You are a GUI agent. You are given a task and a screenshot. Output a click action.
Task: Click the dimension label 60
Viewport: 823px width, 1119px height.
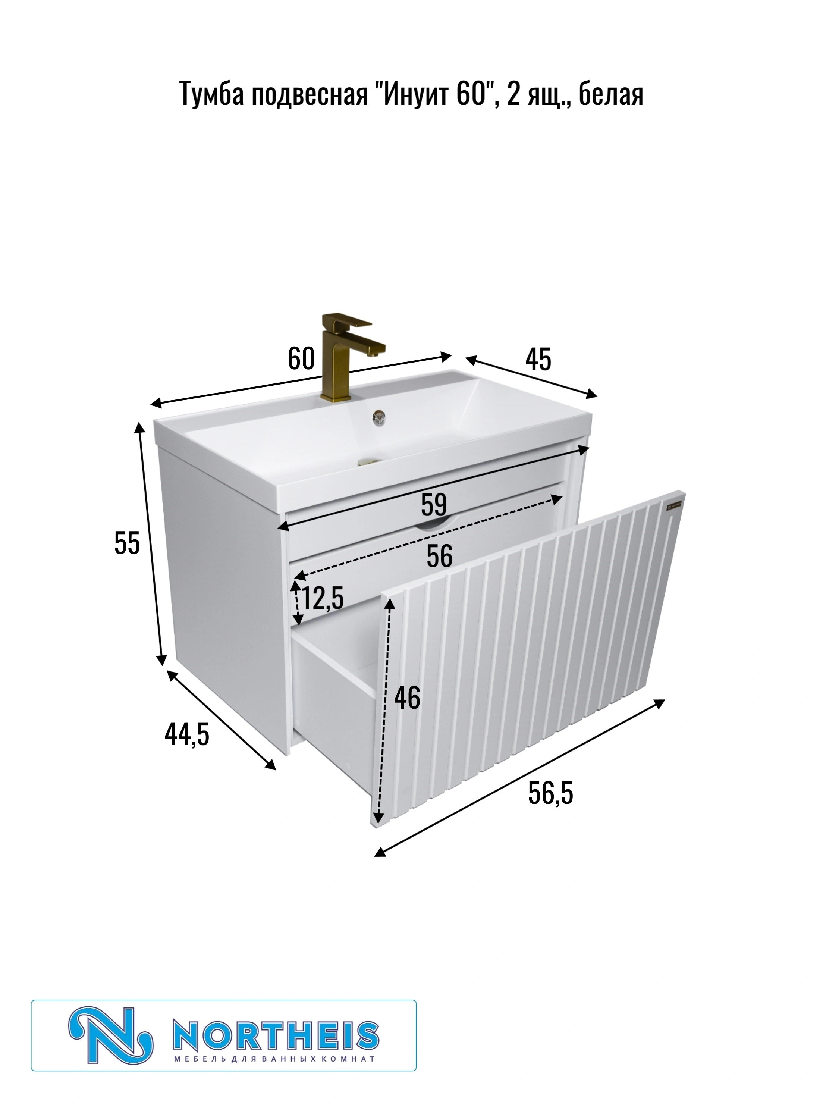[301, 359]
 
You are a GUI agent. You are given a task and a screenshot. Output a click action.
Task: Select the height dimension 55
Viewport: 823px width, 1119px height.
[127, 543]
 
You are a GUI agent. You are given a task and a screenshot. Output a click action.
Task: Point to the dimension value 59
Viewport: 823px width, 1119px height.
[434, 505]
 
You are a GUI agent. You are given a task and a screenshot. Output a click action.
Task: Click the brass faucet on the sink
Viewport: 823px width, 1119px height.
[351, 356]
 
